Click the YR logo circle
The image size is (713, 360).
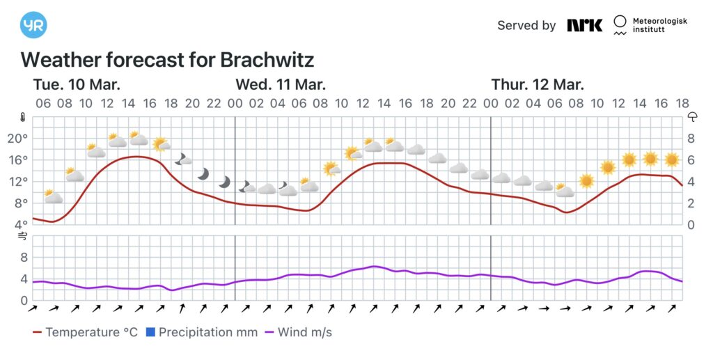[34, 25]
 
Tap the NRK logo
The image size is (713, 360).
[584, 25]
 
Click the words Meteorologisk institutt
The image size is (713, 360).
[659, 26]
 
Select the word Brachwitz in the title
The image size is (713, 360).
[267, 59]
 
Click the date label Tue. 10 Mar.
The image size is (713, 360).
[77, 85]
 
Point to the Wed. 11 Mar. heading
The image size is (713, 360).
[281, 85]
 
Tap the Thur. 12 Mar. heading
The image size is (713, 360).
[538, 85]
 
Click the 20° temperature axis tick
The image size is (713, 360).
[17, 138]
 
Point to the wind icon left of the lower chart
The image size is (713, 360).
[22, 237]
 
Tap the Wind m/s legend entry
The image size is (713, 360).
[298, 332]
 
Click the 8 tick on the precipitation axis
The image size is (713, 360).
[691, 138]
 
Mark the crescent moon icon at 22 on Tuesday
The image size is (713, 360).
[224, 182]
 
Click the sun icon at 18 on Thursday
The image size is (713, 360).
[672, 159]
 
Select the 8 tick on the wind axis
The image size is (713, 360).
[24, 258]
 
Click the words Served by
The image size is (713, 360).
[526, 26]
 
